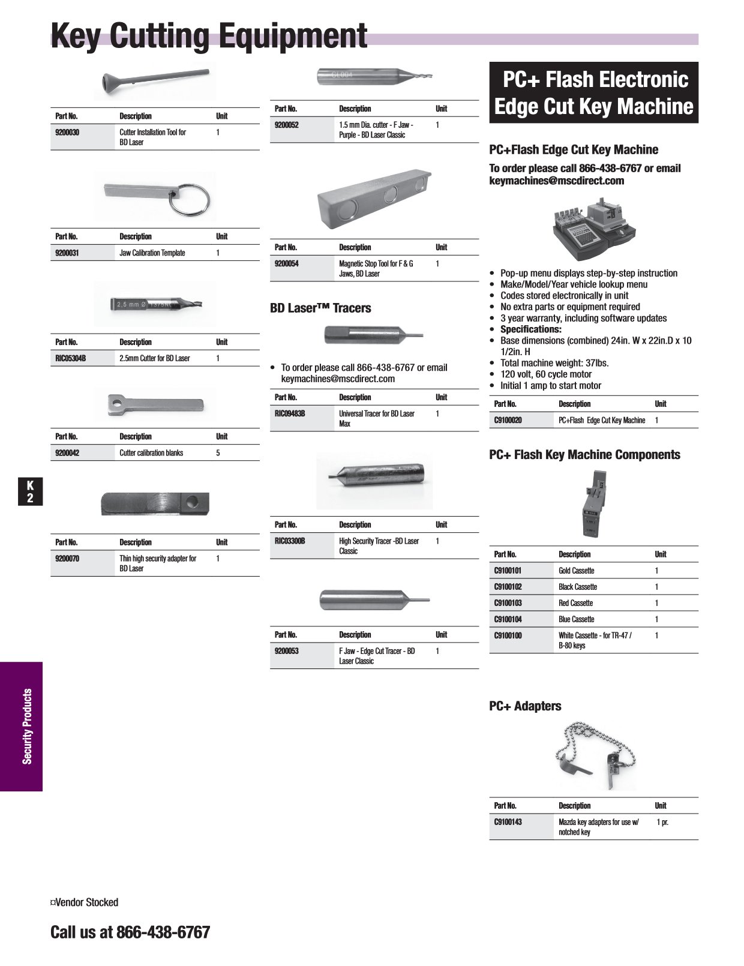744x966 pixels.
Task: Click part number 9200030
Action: (67, 133)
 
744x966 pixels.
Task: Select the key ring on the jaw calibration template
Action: (191, 197)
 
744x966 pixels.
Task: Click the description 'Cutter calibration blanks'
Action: (151, 453)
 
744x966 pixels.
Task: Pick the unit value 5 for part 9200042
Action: (218, 453)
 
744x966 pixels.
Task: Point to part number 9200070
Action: (67, 559)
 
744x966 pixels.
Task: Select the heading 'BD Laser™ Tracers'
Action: (320, 308)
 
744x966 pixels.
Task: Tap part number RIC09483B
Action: (290, 413)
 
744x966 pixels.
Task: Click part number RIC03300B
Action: (290, 541)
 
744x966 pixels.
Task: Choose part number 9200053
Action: (287, 651)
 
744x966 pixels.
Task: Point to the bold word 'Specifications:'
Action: (531, 329)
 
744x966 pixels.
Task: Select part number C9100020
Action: (508, 421)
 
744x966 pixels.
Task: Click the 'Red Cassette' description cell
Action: (575, 603)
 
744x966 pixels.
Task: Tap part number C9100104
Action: (508, 619)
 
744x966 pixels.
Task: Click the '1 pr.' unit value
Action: (662, 822)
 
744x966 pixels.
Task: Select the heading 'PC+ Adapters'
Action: (525, 706)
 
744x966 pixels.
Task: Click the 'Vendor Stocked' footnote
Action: (85, 902)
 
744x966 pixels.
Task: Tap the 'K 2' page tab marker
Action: (30, 491)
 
